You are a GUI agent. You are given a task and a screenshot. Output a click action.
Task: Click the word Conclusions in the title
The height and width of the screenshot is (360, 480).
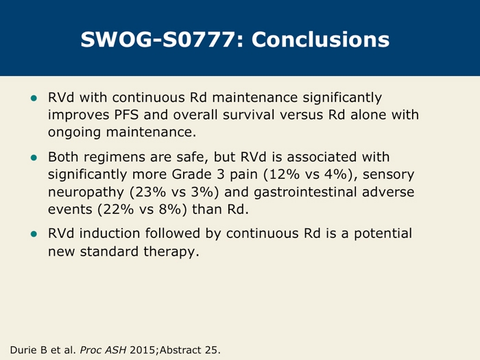pyautogui.click(x=320, y=40)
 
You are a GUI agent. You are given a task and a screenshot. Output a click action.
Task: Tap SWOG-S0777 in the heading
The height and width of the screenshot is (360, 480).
pyautogui.click(x=158, y=40)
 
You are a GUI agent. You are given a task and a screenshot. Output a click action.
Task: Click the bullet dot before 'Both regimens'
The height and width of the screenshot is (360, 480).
pyautogui.click(x=34, y=158)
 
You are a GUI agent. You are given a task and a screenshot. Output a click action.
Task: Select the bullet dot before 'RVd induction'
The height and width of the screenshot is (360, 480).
pyautogui.click(x=34, y=235)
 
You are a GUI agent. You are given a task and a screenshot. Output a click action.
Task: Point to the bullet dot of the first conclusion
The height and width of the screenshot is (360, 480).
pyautogui.click(x=34, y=99)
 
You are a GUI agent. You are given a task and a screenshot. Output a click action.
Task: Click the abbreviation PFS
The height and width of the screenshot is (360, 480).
pyautogui.click(x=126, y=115)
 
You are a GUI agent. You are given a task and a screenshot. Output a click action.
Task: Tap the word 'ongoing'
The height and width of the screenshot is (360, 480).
pyautogui.click(x=74, y=133)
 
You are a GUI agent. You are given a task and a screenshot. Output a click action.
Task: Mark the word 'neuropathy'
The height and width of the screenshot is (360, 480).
pyautogui.click(x=86, y=193)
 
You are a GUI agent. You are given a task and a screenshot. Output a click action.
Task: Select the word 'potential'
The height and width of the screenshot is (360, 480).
pyautogui.click(x=383, y=235)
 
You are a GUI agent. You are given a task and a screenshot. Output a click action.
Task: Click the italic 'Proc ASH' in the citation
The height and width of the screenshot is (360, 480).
pyautogui.click(x=103, y=350)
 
